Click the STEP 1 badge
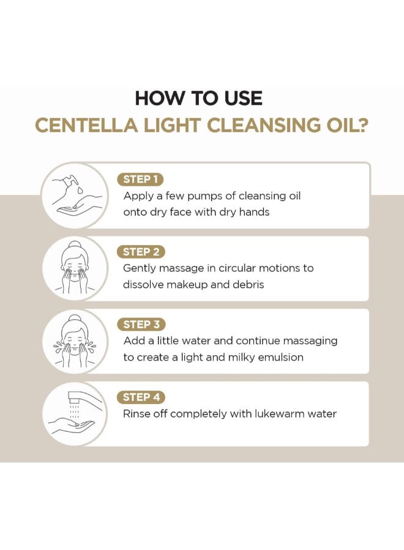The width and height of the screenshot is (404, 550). [x=140, y=179]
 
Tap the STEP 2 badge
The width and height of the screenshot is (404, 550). [x=141, y=252]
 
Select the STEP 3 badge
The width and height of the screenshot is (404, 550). [x=141, y=324]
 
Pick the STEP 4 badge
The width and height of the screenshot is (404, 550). [x=141, y=397]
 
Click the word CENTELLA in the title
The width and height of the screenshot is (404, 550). [x=87, y=125]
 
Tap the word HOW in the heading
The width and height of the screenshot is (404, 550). [x=159, y=98]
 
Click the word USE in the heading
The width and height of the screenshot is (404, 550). [x=243, y=98]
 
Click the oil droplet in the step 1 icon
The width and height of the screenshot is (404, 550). [x=81, y=191]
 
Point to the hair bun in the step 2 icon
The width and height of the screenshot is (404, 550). [x=75, y=245]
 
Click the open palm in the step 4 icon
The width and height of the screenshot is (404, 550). [x=72, y=424]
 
